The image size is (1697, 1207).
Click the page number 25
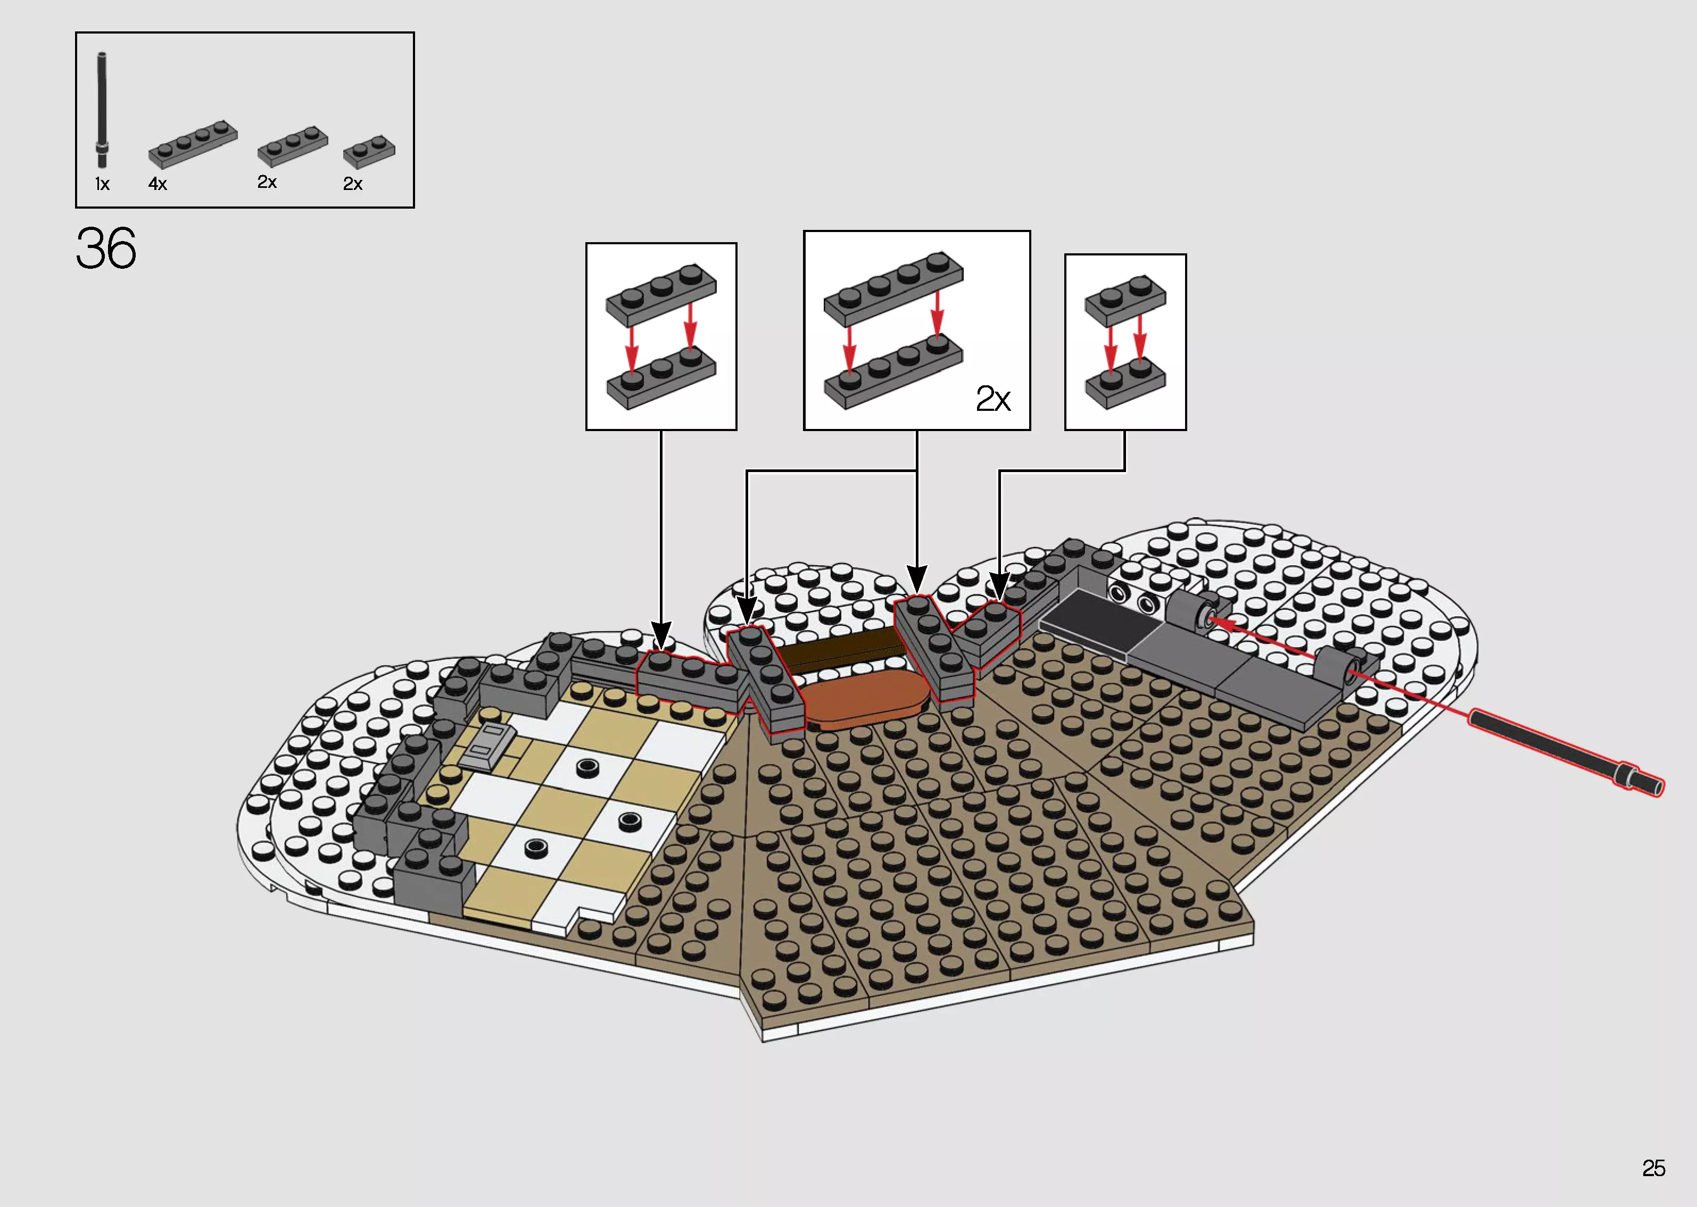click(x=1653, y=1168)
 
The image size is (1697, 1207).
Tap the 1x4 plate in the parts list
click(x=193, y=144)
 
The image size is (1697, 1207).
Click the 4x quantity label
click(x=158, y=184)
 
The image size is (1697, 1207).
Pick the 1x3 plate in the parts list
click(x=292, y=146)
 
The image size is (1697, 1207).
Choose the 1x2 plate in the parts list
click(x=369, y=152)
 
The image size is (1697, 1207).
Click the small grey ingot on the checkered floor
click(x=487, y=746)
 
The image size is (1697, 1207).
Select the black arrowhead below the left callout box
click(x=660, y=635)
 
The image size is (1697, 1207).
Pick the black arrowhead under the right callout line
click(x=999, y=585)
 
